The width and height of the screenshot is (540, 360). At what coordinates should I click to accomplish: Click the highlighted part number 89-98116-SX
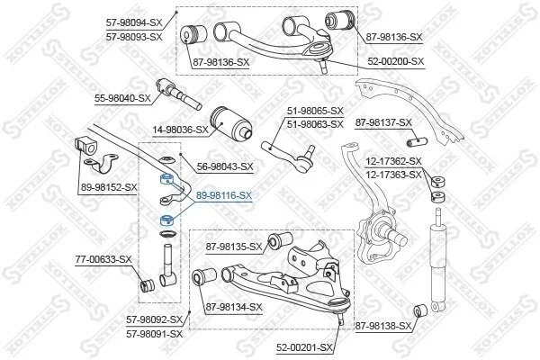pyautogui.click(x=224, y=195)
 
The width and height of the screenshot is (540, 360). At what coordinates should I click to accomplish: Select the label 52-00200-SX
pyautogui.click(x=396, y=62)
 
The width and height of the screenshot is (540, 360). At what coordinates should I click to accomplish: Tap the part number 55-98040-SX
pyautogui.click(x=122, y=98)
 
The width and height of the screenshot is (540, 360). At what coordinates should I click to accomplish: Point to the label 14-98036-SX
pyautogui.click(x=181, y=130)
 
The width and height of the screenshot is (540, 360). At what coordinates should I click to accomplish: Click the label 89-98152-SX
pyautogui.click(x=109, y=188)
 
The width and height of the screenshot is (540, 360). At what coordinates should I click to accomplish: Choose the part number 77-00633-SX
pyautogui.click(x=103, y=259)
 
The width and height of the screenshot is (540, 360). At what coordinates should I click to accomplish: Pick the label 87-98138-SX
pyautogui.click(x=383, y=326)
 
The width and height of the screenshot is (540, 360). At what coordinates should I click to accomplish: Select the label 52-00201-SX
pyautogui.click(x=304, y=347)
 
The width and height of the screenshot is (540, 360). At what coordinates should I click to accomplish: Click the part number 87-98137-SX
pyautogui.click(x=383, y=122)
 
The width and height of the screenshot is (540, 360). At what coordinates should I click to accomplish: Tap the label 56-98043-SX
pyautogui.click(x=225, y=167)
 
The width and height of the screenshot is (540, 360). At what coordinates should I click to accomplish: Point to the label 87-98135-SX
pyautogui.click(x=234, y=247)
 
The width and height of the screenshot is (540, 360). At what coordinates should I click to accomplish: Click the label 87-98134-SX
pyautogui.click(x=234, y=307)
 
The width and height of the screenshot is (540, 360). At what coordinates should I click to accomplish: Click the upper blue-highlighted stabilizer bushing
pyautogui.click(x=167, y=179)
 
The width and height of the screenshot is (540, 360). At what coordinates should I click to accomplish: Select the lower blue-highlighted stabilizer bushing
pyautogui.click(x=167, y=220)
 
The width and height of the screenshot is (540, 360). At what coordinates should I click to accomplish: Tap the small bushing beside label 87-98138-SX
pyautogui.click(x=420, y=310)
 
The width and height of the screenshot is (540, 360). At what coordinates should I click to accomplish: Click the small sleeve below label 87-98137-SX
pyautogui.click(x=417, y=141)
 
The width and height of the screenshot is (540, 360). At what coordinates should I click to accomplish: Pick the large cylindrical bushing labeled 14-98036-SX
pyautogui.click(x=231, y=123)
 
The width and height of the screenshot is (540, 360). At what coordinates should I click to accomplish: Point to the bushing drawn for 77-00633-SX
pyautogui.click(x=148, y=284)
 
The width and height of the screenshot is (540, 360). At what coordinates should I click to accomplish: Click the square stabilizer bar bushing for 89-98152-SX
pyautogui.click(x=85, y=146)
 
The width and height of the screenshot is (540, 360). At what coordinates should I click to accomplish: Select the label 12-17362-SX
pyautogui.click(x=393, y=161)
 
